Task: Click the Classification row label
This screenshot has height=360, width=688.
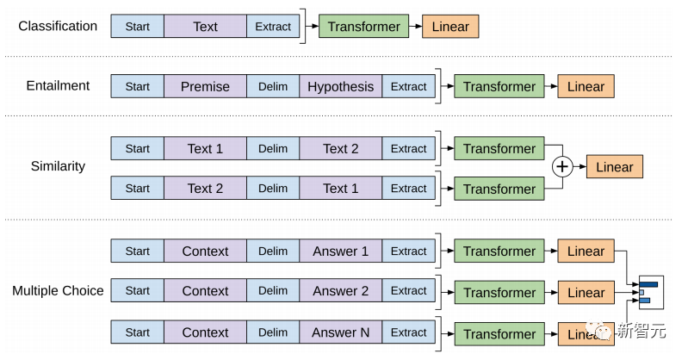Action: click(58, 26)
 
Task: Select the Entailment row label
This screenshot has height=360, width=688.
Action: click(58, 85)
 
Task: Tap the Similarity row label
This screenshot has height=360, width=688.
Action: click(58, 165)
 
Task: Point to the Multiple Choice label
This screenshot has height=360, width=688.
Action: click(58, 290)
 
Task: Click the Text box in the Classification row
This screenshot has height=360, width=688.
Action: click(205, 27)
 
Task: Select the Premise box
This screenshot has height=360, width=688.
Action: click(205, 86)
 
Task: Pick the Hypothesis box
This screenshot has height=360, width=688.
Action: click(340, 86)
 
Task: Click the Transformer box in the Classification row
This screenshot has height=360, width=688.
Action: click(363, 27)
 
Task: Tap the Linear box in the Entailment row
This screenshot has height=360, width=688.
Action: click(586, 86)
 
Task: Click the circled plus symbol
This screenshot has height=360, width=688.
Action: click(561, 167)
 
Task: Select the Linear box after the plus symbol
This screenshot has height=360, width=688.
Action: click(614, 167)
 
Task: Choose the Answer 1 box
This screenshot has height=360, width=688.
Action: click(340, 251)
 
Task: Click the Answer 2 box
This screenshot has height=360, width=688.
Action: click(340, 291)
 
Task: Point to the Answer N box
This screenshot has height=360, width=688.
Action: click(340, 332)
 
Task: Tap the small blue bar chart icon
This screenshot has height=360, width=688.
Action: click(648, 292)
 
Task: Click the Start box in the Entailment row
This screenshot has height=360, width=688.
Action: click(137, 86)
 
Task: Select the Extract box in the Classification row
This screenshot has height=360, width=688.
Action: click(273, 27)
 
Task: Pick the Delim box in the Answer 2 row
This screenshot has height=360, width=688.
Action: click(273, 291)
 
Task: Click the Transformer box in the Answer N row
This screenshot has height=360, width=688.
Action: click(499, 333)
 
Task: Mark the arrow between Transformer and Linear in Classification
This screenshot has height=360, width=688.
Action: click(414, 27)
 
